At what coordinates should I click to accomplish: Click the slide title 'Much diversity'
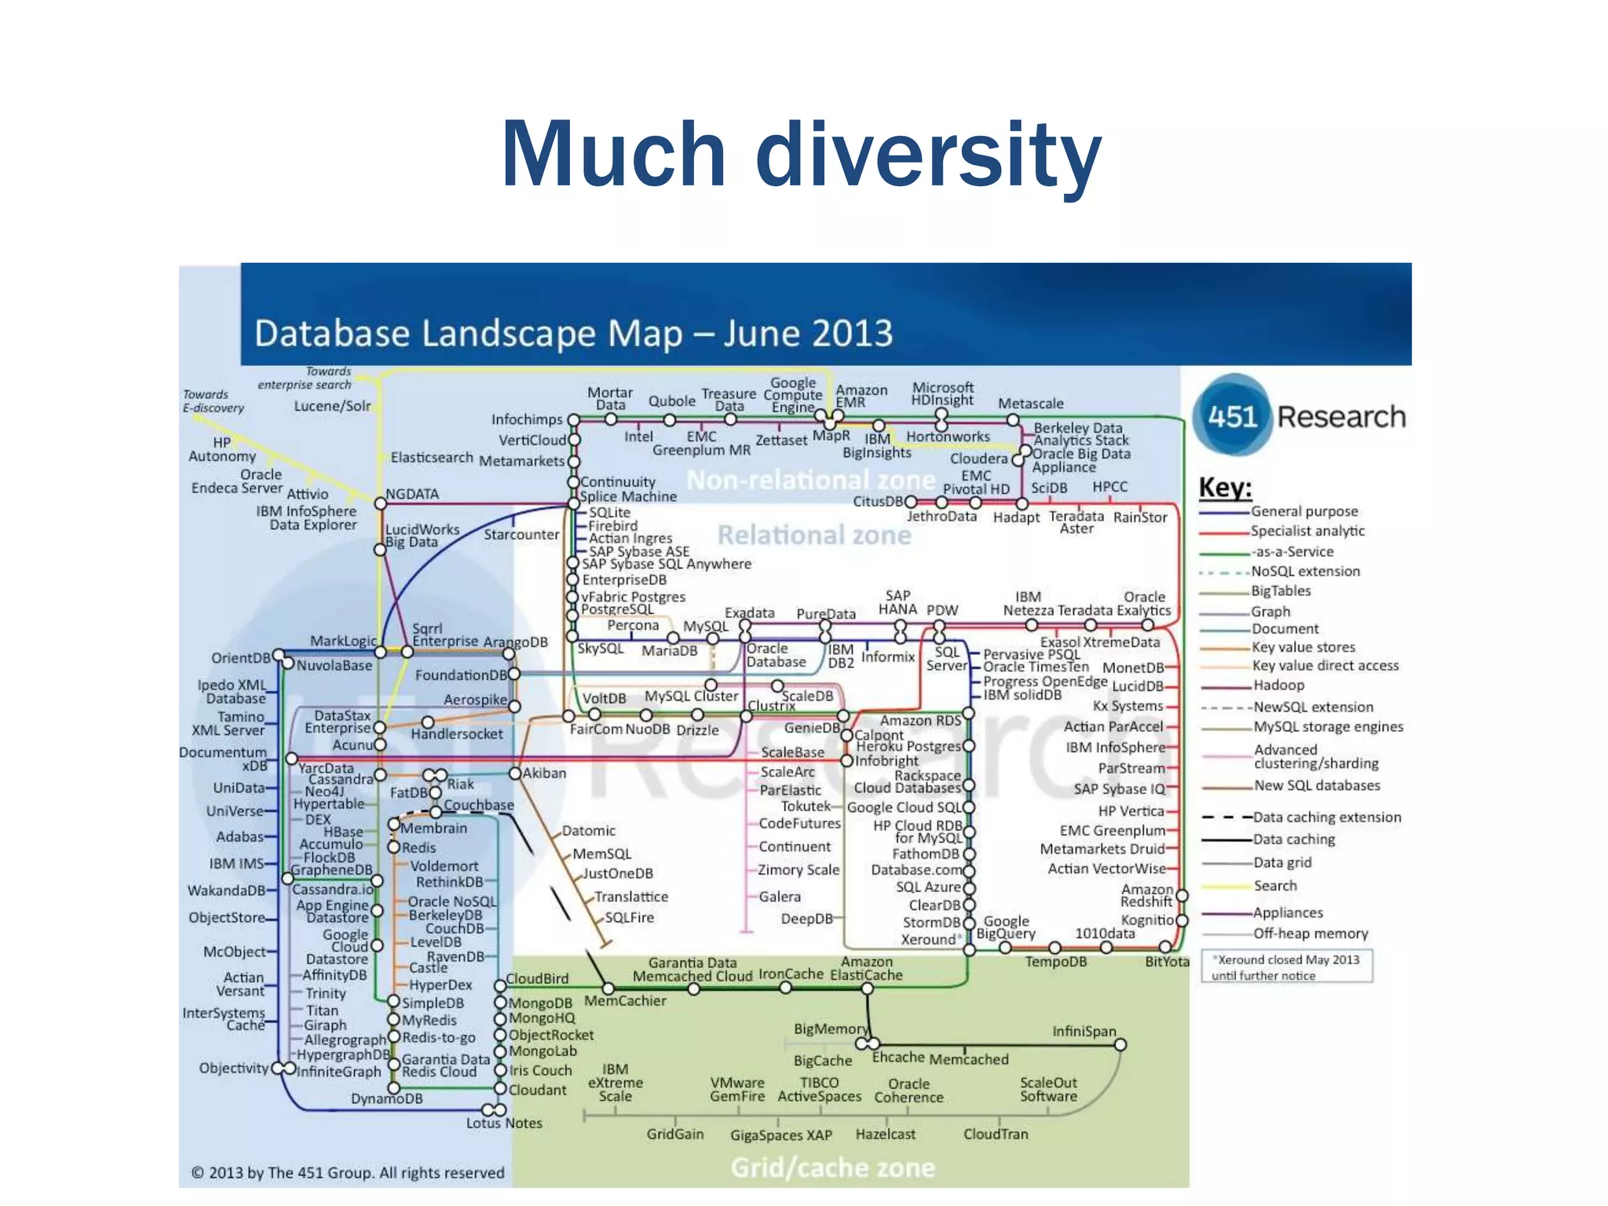(802, 154)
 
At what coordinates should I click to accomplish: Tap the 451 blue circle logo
(1232, 415)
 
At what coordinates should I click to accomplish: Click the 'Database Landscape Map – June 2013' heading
(574, 333)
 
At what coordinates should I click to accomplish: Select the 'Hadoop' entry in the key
(1279, 685)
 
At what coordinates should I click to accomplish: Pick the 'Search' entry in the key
(1275, 886)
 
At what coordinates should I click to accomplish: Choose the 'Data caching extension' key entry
(1326, 817)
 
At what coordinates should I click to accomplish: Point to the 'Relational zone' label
(814, 535)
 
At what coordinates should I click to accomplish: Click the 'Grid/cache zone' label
(833, 1168)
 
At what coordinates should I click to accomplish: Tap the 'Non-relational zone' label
(810, 480)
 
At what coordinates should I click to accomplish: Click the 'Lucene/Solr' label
(332, 406)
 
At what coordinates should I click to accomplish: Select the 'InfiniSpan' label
(1084, 1032)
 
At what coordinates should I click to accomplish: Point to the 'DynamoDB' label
(386, 1098)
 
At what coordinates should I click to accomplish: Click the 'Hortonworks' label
(948, 437)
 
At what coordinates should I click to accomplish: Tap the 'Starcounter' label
(521, 535)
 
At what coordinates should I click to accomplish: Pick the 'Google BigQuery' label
(1006, 927)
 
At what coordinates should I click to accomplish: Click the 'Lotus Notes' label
(504, 1124)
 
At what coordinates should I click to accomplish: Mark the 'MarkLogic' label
(343, 641)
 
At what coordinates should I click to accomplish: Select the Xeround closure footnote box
(1286, 967)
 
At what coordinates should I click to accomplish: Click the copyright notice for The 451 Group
(348, 1172)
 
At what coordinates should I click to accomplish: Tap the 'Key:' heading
(1225, 488)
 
